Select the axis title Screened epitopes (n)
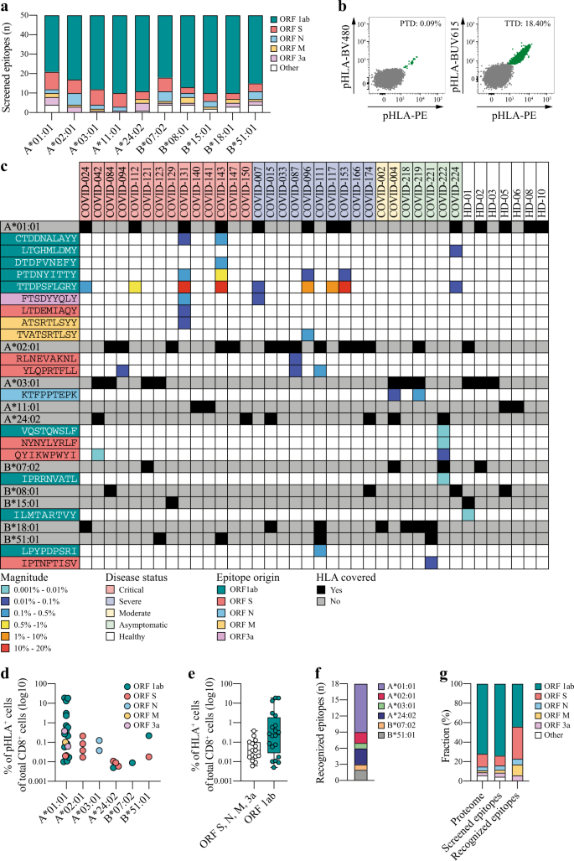tap(10, 64)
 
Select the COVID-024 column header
tap(86, 174)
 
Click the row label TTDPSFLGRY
tap(41, 287)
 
